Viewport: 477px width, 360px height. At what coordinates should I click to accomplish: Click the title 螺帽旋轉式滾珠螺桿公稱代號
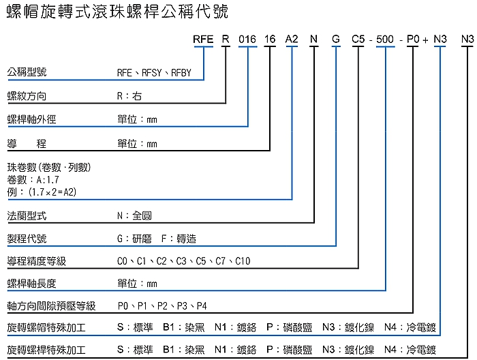point(117,12)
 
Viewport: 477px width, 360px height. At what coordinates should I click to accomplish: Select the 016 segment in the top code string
point(247,40)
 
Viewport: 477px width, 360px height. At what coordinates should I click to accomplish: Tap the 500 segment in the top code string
point(384,40)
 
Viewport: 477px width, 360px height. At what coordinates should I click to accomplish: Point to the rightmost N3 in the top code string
point(467,40)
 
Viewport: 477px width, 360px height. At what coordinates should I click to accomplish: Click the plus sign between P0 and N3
point(426,40)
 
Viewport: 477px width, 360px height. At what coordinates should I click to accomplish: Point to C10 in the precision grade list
point(243,261)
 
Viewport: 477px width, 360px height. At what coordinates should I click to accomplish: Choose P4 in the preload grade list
point(202,305)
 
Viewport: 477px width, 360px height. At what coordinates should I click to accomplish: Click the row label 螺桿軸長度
point(31,283)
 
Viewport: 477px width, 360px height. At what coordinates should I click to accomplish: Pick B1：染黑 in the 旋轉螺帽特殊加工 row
point(183,327)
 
